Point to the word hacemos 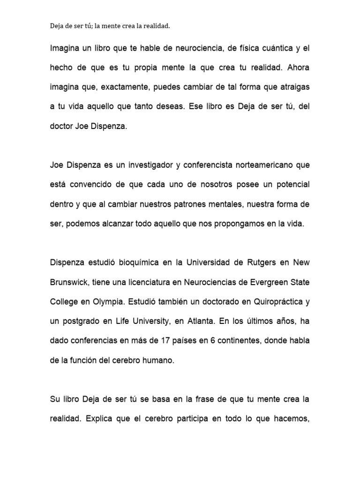(x=291, y=419)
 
